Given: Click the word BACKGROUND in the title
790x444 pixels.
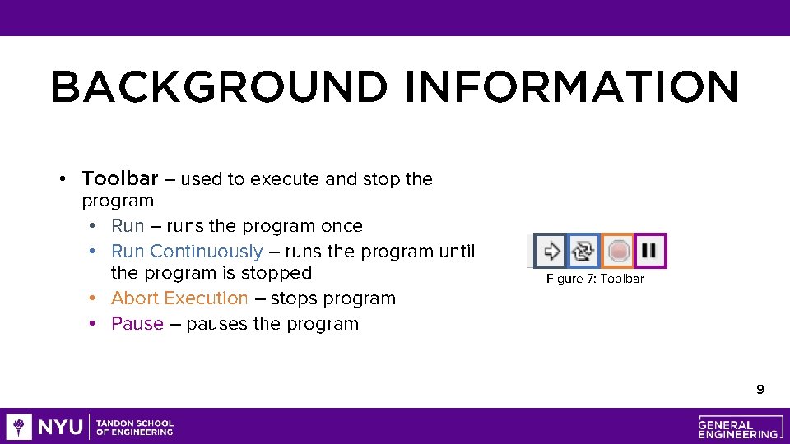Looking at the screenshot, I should tap(218, 87).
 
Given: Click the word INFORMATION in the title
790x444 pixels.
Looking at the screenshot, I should tap(571, 87).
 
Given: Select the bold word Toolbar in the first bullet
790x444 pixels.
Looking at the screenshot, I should tap(120, 178).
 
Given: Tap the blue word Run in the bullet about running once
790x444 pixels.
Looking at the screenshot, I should tap(128, 225).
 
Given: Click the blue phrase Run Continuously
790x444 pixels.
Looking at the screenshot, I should tap(187, 251).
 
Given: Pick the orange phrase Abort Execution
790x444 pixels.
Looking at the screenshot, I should tap(179, 298).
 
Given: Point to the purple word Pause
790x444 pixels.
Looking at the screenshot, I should tap(137, 323).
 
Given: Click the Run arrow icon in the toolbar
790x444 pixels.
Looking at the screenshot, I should tap(551, 251).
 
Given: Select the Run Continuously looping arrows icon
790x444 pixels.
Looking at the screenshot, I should tap(583, 251).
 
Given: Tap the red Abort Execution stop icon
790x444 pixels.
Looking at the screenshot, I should tap(617, 251).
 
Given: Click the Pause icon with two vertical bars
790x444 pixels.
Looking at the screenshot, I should tap(650, 250).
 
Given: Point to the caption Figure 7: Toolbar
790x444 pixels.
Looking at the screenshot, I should tap(595, 279).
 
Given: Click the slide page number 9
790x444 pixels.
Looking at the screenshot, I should tap(760, 389).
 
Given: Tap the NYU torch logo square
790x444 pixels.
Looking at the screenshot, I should tap(19, 427).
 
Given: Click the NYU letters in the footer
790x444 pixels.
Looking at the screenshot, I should tap(59, 427).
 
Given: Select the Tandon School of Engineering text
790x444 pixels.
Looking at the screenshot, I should tap(135, 428).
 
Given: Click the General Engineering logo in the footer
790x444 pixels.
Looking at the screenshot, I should tap(738, 427).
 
